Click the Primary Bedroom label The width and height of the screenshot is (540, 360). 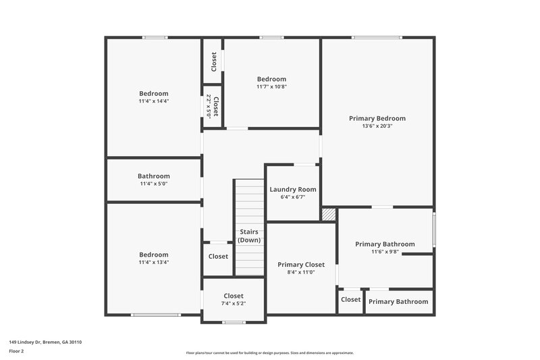[x=377, y=118]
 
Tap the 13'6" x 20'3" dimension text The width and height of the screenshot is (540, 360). [x=377, y=126]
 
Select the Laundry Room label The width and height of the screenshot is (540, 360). [x=293, y=189]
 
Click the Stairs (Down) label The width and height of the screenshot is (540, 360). [x=249, y=236]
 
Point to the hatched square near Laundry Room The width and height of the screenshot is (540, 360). [x=329, y=214]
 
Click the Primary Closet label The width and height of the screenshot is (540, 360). [x=301, y=264]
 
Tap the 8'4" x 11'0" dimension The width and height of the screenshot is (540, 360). [x=301, y=272]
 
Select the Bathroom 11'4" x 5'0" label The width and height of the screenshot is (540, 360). [x=154, y=176]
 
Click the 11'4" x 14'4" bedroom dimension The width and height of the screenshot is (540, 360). [x=154, y=101]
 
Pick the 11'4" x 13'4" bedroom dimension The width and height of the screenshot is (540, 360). [x=154, y=262]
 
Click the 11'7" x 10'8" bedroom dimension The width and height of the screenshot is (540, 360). [x=271, y=86]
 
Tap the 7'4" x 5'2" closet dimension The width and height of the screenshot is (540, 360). [x=234, y=303]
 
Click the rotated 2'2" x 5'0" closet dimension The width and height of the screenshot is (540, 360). [x=209, y=106]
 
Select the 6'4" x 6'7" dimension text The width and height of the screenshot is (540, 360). [x=293, y=197]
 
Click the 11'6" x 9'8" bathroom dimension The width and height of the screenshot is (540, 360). [x=385, y=252]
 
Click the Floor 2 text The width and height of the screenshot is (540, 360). [x=16, y=351]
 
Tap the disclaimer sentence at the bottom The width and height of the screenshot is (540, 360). [x=269, y=353]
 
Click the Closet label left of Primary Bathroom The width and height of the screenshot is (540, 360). [x=350, y=299]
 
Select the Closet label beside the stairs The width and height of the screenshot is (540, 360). [x=218, y=257]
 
